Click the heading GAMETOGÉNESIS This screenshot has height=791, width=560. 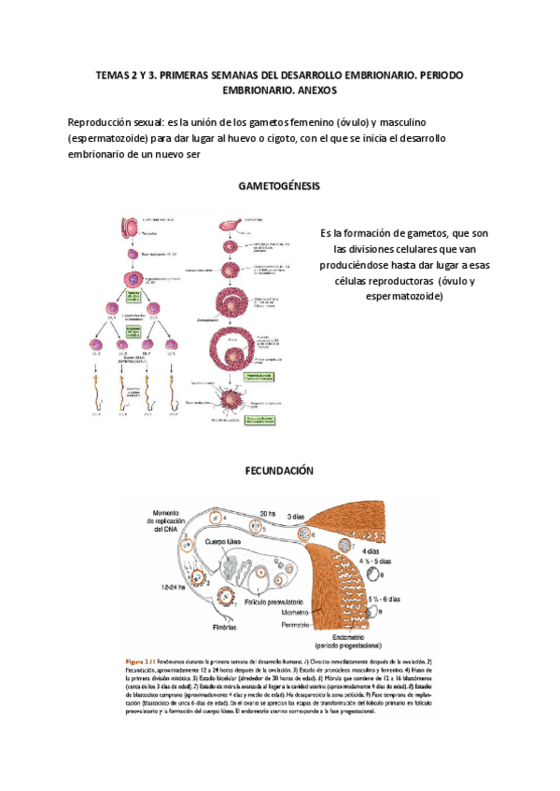pos(279,186)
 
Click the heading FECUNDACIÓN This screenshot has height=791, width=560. pos(279,471)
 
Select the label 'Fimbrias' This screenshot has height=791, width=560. pos(199,627)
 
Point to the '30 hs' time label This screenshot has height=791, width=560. pos(268,513)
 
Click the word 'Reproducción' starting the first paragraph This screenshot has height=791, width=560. pos(101,123)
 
